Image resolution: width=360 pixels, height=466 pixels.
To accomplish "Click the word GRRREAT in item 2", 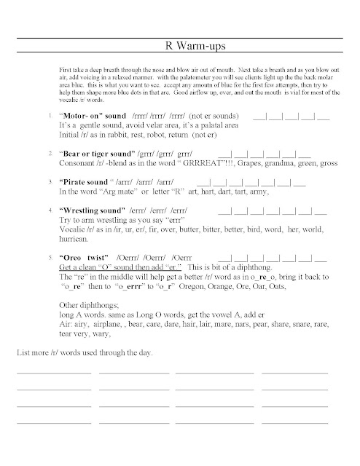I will tap(171, 165).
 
